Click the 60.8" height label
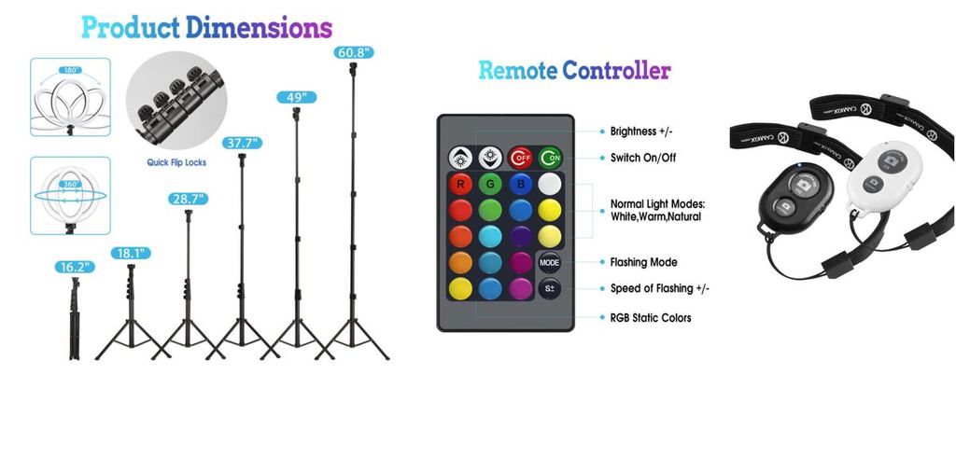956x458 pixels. click(355, 53)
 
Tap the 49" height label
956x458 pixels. click(297, 97)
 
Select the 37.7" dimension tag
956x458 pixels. click(242, 143)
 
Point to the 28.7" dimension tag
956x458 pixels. click(188, 199)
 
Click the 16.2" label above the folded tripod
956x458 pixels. click(74, 268)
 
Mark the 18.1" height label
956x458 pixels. click(130, 253)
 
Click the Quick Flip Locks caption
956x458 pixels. click(176, 162)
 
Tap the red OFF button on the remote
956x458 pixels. click(520, 157)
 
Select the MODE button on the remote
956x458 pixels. click(549, 262)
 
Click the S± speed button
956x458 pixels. click(549, 288)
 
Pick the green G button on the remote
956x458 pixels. click(490, 184)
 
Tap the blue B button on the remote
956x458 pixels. click(520, 184)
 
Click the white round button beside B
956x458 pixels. click(550, 184)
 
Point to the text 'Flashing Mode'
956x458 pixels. click(643, 262)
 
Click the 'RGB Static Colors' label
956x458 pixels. click(651, 318)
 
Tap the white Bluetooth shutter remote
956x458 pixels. click(882, 177)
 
